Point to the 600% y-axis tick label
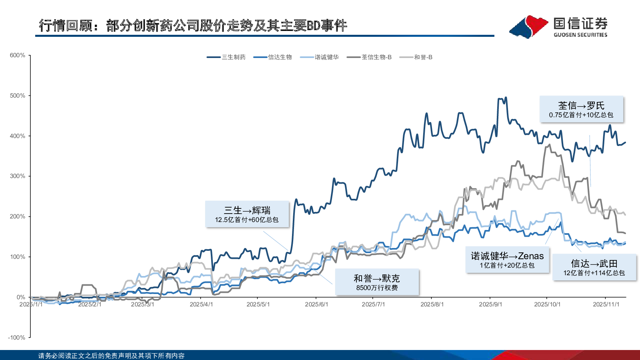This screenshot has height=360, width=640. pyautogui.click(x=18, y=55)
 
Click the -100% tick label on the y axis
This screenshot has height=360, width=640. pyautogui.click(x=17, y=338)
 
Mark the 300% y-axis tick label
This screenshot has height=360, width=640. pyautogui.click(x=18, y=176)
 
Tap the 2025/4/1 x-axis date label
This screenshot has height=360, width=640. pyautogui.click(x=201, y=304)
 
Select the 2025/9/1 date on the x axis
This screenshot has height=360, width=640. pyautogui.click(x=490, y=304)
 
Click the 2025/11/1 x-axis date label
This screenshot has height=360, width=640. pyautogui.click(x=606, y=304)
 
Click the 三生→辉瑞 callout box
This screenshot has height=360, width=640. pyautogui.click(x=247, y=214)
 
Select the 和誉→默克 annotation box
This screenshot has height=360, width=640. pyautogui.click(x=377, y=282)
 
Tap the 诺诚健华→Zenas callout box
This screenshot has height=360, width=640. pyautogui.click(x=507, y=260)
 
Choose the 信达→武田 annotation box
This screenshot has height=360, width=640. pyautogui.click(x=594, y=268)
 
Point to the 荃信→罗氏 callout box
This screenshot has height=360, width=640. pyautogui.click(x=581, y=109)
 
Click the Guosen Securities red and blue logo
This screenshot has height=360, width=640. pyautogui.click(x=529, y=27)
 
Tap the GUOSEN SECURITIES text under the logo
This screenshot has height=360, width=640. pyautogui.click(x=580, y=35)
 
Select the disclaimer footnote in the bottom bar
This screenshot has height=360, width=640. pyautogui.click(x=111, y=356)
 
